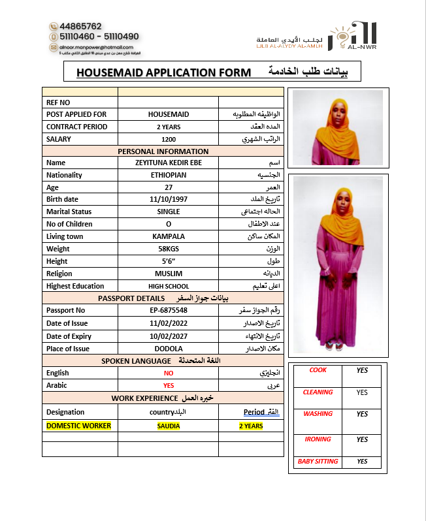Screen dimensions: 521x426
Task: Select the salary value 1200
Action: (169, 139)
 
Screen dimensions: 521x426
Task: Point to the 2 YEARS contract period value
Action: (169, 127)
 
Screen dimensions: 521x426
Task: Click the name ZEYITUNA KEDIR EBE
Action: (169, 163)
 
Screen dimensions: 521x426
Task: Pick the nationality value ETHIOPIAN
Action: (169, 175)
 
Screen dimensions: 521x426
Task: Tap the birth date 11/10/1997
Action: (169, 199)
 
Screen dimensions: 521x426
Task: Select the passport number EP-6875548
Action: (169, 310)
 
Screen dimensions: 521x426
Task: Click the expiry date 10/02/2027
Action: (169, 336)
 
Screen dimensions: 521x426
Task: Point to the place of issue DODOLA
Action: (169, 349)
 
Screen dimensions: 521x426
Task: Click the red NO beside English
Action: (169, 373)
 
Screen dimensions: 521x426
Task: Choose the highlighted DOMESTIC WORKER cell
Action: (78, 426)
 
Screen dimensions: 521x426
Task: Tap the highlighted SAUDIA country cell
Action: (169, 426)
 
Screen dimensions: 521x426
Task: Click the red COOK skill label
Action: (318, 370)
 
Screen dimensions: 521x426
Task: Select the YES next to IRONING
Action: (362, 439)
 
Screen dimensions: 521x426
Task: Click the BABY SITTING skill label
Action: (318, 462)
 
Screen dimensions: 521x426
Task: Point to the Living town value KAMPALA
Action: (169, 236)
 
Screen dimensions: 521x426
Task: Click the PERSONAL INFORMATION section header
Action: (163, 151)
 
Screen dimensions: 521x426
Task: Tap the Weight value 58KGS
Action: (169, 249)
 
